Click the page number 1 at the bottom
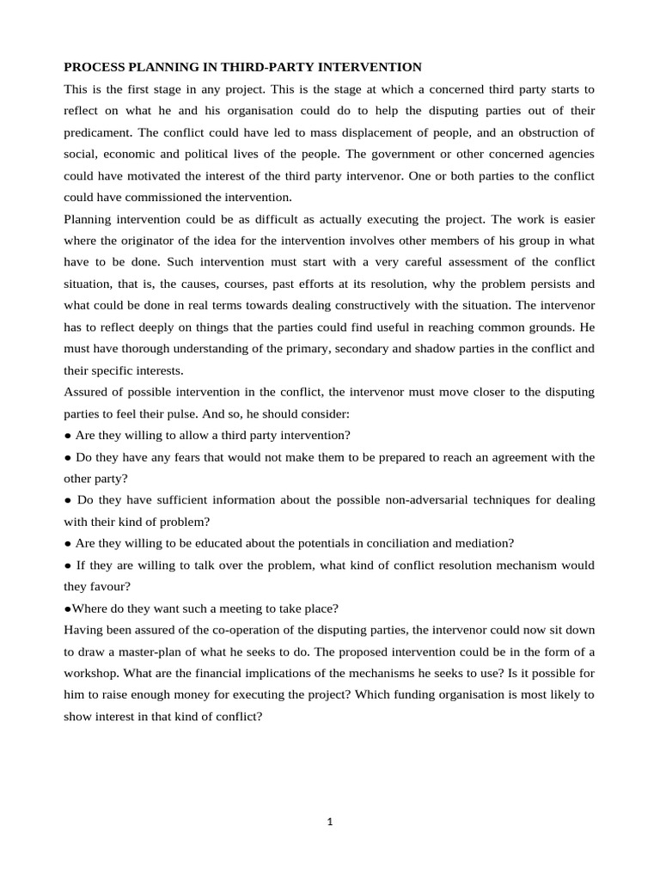(329, 822)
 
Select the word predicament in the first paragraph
(100, 133)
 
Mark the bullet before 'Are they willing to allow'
(68, 435)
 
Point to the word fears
(176, 457)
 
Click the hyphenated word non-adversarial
(410, 500)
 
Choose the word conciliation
(408, 544)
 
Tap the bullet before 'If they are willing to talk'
(68, 566)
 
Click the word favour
(109, 587)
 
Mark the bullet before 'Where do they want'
(67, 609)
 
